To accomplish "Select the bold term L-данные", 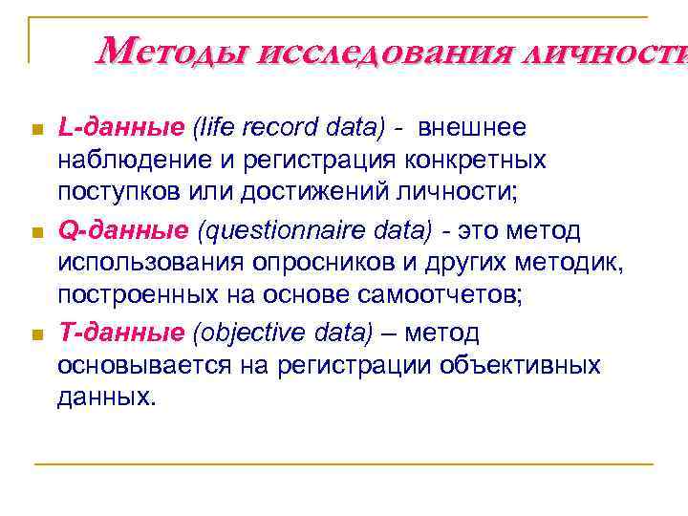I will [120, 127].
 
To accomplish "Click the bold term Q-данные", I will [122, 230].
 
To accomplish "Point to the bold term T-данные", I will [120, 333].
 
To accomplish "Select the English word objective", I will [245, 333].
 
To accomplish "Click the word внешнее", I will [473, 127].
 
